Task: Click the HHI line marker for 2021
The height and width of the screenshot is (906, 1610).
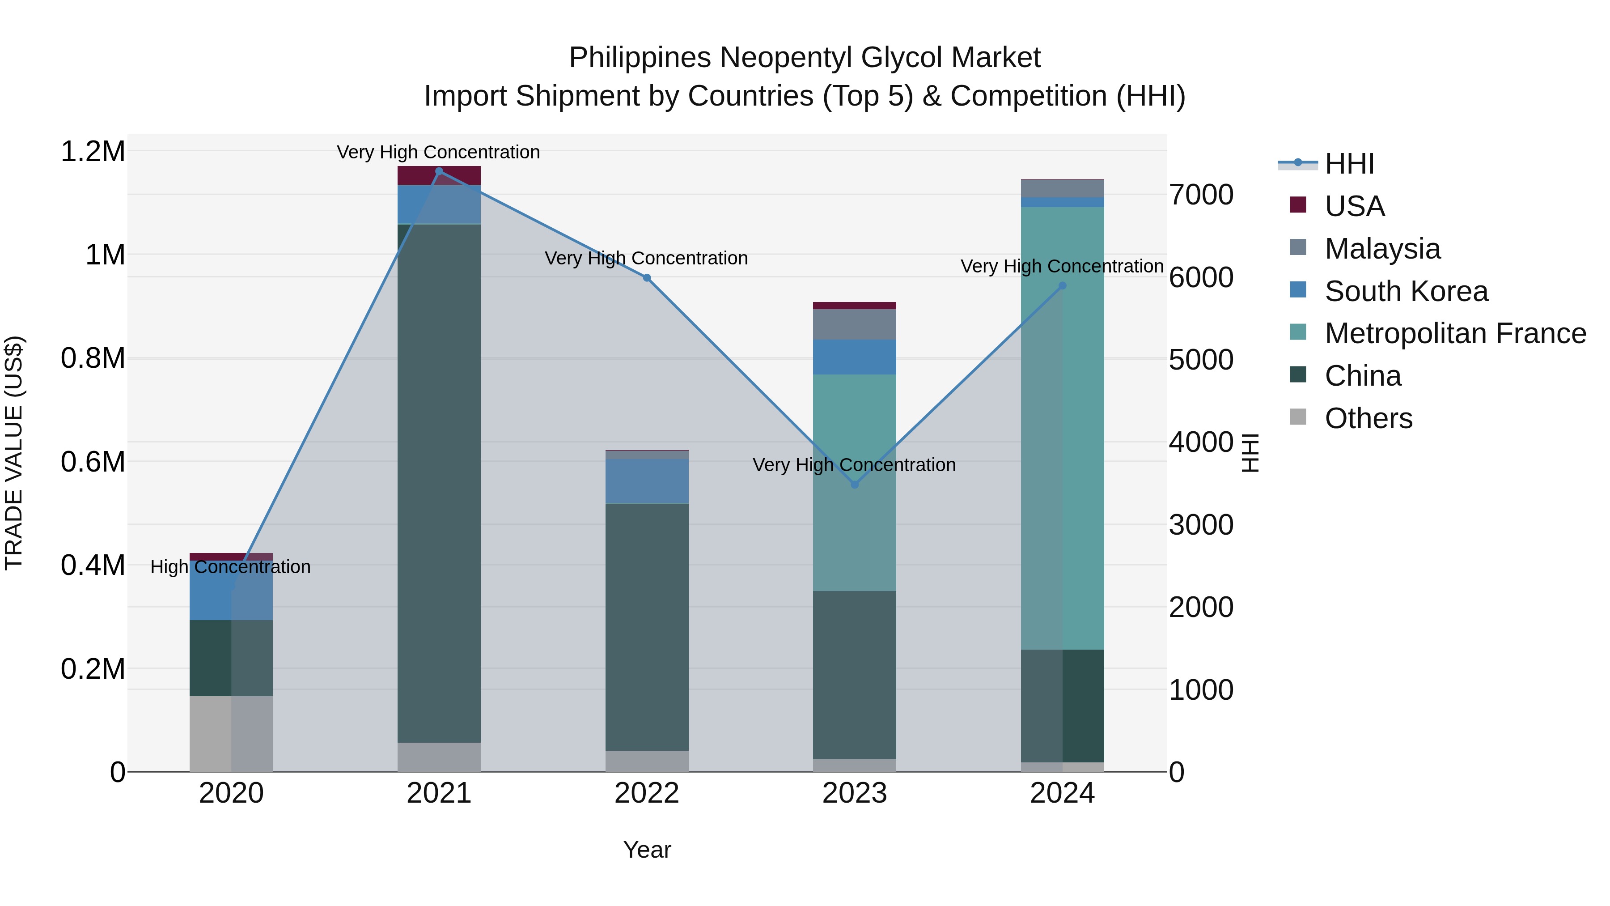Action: pyautogui.click(x=439, y=171)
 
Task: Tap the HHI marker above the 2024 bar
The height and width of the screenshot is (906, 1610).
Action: pyautogui.click(x=1063, y=286)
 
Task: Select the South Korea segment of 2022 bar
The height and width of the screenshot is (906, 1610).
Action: pyautogui.click(x=647, y=481)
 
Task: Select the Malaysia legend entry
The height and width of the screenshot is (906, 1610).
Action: pyautogui.click(x=1382, y=248)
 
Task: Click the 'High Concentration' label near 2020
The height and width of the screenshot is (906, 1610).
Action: pyautogui.click(x=231, y=567)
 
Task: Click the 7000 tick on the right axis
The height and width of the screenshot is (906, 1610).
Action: pyautogui.click(x=1201, y=195)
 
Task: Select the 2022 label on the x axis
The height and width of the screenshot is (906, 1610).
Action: pyautogui.click(x=647, y=793)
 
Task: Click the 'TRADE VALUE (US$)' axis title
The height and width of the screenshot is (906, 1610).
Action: pyautogui.click(x=14, y=453)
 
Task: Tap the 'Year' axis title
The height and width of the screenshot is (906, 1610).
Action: pyautogui.click(x=647, y=850)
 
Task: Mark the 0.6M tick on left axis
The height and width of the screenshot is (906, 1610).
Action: pyautogui.click(x=93, y=462)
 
